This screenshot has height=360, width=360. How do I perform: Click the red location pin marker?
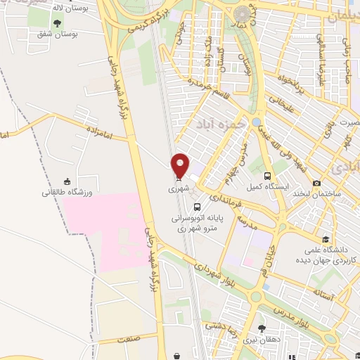tap(181, 165)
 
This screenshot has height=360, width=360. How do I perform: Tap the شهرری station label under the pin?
tap(178, 189)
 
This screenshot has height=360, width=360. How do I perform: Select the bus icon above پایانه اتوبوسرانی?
tap(198, 207)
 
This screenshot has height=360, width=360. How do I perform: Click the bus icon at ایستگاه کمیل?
tap(267, 176)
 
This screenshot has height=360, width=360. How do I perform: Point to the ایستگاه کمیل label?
tap(264, 187)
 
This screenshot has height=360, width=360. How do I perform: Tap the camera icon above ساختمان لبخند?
tap(316, 184)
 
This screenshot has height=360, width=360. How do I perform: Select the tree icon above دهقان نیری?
tap(262, 328)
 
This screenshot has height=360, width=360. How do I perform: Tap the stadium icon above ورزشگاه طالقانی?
tap(67, 181)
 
